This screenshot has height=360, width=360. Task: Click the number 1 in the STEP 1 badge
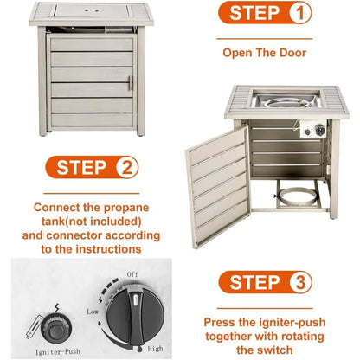click(x=300, y=13)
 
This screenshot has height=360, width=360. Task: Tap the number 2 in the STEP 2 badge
click(x=126, y=168)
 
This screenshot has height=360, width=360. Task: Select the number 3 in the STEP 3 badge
click(x=300, y=282)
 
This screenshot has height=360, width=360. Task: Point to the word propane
click(x=126, y=209)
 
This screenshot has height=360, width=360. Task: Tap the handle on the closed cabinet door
click(x=130, y=83)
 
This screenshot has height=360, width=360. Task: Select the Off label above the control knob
click(x=132, y=274)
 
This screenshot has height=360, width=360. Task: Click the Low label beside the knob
click(x=93, y=312)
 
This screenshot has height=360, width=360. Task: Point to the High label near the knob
click(x=155, y=349)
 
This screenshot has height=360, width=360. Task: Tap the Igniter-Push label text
click(x=57, y=351)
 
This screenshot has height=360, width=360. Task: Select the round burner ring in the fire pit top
click(x=285, y=102)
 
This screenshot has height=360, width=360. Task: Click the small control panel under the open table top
click(x=313, y=129)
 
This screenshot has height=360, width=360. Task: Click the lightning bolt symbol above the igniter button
click(x=57, y=308)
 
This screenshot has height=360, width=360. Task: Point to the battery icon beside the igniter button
click(x=35, y=328)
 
